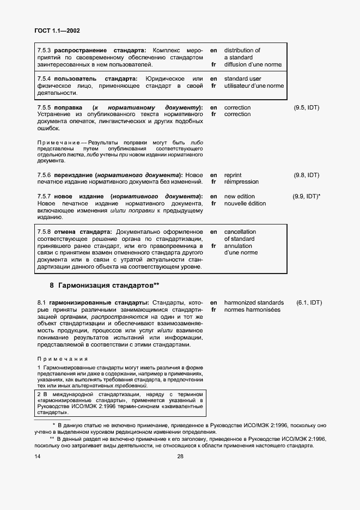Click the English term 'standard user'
click(x=242, y=79)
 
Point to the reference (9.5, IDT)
click(x=306, y=107)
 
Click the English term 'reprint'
click(x=233, y=175)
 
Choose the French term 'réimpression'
click(x=241, y=182)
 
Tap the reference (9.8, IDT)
click(x=306, y=175)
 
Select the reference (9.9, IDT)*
click(x=307, y=196)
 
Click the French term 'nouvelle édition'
click(x=245, y=203)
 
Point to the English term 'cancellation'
click(x=240, y=232)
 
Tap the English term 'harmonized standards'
click(x=254, y=302)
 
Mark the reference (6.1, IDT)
click(x=309, y=302)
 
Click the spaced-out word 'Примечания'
click(x=63, y=359)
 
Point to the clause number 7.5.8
click(x=44, y=232)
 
